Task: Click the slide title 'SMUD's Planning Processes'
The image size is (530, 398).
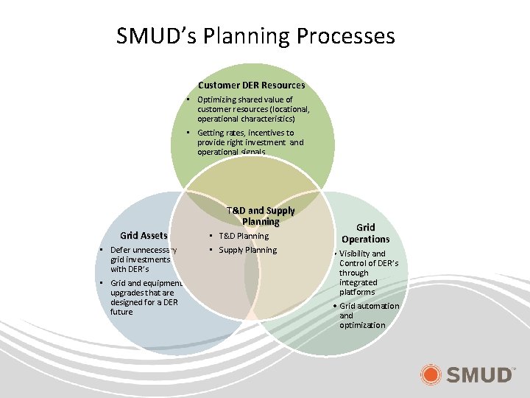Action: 255,36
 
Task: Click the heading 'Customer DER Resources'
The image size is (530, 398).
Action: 251,85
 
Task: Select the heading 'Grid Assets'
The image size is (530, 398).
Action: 144,236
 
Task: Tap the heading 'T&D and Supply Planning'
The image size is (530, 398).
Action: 261,216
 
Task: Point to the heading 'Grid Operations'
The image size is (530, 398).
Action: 365,233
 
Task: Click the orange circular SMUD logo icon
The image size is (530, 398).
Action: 431,375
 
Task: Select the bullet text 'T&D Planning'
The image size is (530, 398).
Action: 244,236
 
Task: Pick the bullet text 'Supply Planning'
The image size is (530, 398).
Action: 248,250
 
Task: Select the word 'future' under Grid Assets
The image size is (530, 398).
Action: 121,312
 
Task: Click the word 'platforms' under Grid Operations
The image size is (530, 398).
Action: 357,292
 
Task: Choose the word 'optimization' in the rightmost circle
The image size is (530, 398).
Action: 362,325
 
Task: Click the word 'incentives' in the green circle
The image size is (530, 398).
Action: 265,133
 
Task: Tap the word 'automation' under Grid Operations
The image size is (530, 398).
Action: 380,306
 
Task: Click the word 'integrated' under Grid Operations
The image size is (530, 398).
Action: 358,282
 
